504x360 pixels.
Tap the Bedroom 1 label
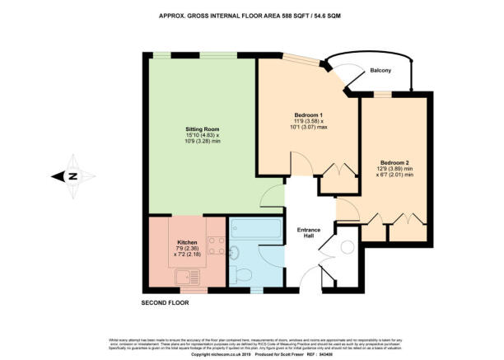click(x=309, y=114)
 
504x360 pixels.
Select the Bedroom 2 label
click(x=396, y=162)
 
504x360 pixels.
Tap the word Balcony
click(x=380, y=70)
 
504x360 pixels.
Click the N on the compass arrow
click(x=72, y=175)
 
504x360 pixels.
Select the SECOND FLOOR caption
click(x=166, y=302)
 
